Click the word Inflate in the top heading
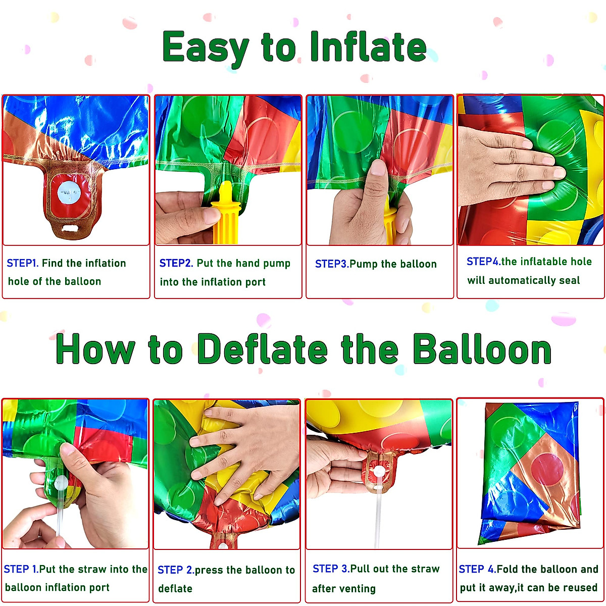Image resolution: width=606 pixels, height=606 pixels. click(368, 47)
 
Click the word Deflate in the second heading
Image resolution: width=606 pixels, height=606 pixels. click(262, 349)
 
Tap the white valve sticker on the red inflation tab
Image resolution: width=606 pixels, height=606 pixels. click(69, 192)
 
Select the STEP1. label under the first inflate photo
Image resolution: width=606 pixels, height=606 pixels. click(22, 263)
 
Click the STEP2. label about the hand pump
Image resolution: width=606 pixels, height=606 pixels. click(176, 263)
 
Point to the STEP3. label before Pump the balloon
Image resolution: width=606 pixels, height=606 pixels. click(332, 264)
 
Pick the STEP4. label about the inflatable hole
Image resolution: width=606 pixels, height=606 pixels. click(483, 262)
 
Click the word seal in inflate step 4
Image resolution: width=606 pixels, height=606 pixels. click(569, 280)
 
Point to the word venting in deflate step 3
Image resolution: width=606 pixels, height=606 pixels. click(358, 588)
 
